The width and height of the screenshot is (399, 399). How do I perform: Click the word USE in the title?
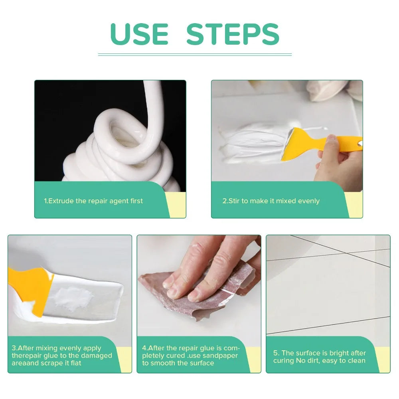click(x=139, y=34)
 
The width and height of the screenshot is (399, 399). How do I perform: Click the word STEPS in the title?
click(x=233, y=34)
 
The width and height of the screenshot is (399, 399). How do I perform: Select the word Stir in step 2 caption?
click(x=234, y=201)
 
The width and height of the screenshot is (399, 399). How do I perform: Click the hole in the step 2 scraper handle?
click(x=360, y=143)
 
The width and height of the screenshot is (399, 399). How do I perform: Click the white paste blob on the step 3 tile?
click(x=74, y=298)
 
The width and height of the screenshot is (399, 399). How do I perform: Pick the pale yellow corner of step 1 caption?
click(x=177, y=206)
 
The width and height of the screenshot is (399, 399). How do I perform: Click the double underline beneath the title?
click(x=195, y=54)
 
